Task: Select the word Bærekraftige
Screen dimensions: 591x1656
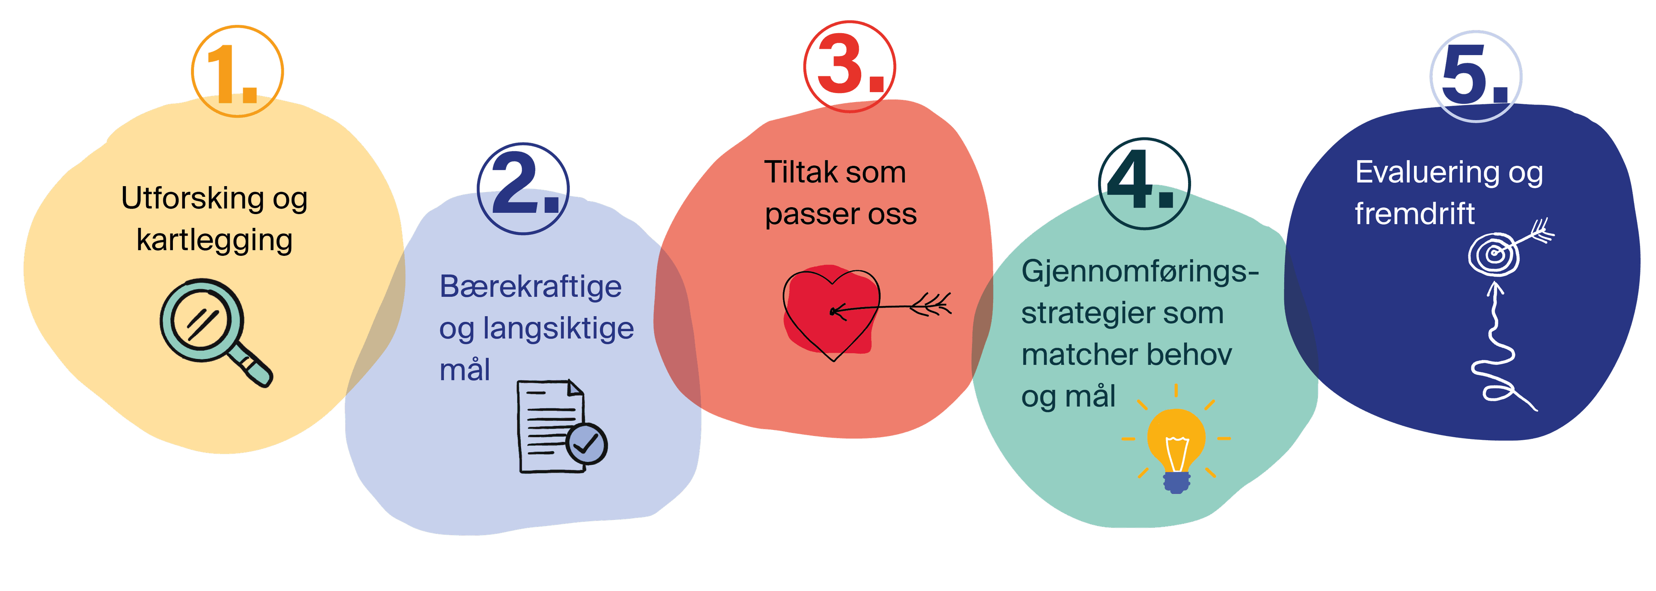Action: pyautogui.click(x=530, y=286)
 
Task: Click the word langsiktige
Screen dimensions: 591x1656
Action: pyautogui.click(x=558, y=328)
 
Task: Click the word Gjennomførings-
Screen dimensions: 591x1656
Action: pyautogui.click(x=1139, y=271)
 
